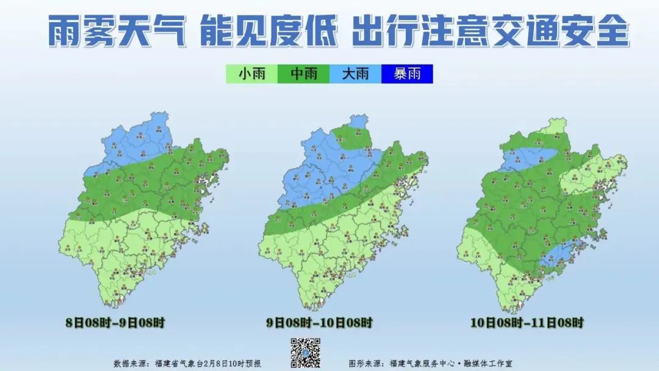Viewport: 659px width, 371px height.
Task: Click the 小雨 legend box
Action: coord(251,74)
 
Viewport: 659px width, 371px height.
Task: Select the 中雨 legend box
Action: coord(303,74)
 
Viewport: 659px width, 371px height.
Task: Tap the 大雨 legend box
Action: coord(355,74)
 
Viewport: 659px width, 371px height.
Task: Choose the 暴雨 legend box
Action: coord(407,74)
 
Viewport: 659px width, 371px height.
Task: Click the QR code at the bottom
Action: coord(304,353)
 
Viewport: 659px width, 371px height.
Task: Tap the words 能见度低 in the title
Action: coord(268,32)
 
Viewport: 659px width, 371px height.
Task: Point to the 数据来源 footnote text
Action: coord(187,363)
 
